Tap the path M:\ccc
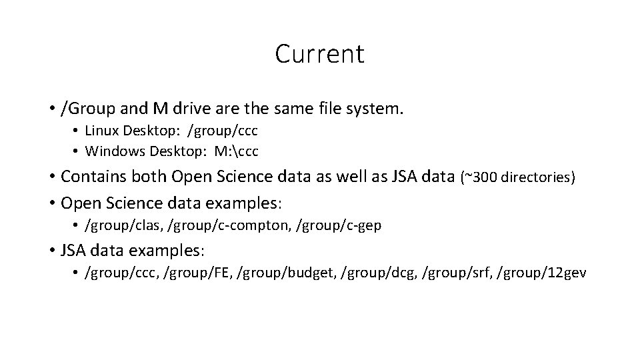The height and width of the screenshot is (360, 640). click(236, 152)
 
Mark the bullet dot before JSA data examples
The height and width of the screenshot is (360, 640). click(52, 251)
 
